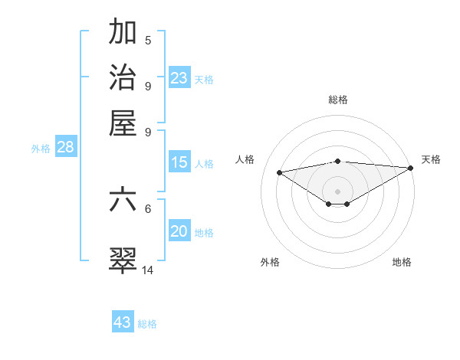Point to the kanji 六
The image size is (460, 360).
point(123,200)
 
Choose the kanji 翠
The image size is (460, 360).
point(123,260)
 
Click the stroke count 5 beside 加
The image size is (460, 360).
point(148,41)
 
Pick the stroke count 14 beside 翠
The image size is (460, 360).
point(148,270)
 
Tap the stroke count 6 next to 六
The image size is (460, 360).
point(148,208)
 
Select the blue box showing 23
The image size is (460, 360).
point(179,78)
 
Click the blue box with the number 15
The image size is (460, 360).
point(179,162)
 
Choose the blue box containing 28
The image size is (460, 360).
point(65,148)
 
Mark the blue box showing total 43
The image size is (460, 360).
point(123,322)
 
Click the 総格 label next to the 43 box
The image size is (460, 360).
point(147,324)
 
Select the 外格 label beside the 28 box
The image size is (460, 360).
point(41,149)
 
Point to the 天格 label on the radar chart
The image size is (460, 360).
point(431,159)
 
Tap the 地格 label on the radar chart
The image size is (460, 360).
point(402,263)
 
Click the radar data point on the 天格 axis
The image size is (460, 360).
point(411,168)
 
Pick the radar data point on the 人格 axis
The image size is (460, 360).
point(280,172)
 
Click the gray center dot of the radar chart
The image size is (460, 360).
point(338,191)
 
